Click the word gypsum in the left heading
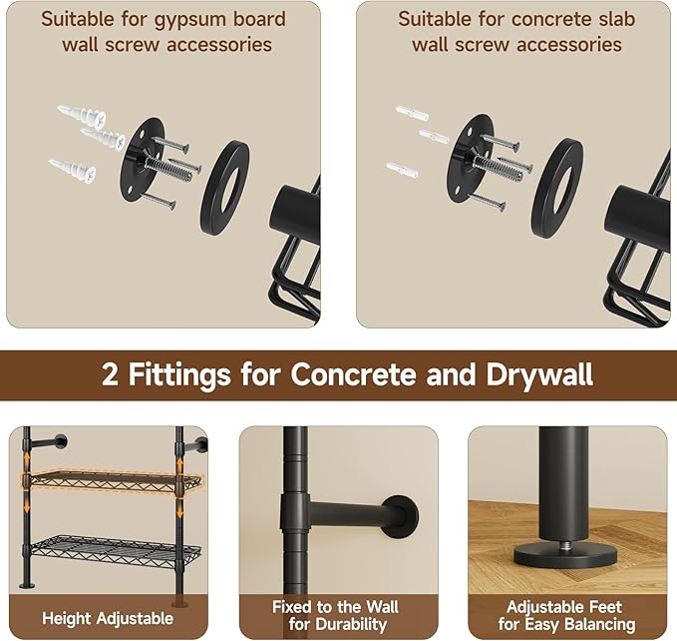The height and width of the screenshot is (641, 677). (x=188, y=20)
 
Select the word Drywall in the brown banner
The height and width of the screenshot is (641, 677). (x=539, y=374)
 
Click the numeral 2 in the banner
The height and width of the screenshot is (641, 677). (x=110, y=374)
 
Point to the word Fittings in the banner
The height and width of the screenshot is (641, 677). (x=179, y=374)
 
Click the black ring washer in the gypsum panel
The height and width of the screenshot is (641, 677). (x=225, y=187)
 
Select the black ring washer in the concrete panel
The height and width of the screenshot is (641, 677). (x=557, y=187)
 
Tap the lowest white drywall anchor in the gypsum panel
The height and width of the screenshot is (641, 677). (x=73, y=171)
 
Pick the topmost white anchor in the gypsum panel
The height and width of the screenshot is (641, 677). (x=82, y=116)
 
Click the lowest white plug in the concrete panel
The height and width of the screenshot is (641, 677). (x=402, y=169)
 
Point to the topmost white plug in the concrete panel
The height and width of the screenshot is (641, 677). (x=412, y=113)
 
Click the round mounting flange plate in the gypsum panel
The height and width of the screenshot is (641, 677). (x=142, y=160)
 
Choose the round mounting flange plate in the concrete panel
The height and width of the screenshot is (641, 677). (x=471, y=159)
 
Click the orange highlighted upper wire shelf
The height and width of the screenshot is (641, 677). (x=113, y=480)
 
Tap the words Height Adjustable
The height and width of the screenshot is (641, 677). (x=108, y=618)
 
